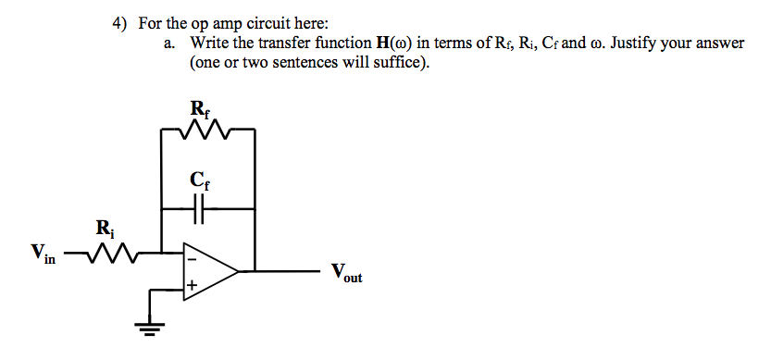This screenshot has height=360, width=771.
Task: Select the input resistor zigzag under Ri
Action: (111, 250)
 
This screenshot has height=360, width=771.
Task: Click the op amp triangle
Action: (208, 271)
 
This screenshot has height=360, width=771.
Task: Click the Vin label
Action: (43, 252)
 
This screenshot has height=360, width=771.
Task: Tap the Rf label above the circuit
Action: (200, 108)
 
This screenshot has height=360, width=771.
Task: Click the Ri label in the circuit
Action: (104, 227)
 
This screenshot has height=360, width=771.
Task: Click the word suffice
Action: (401, 64)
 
